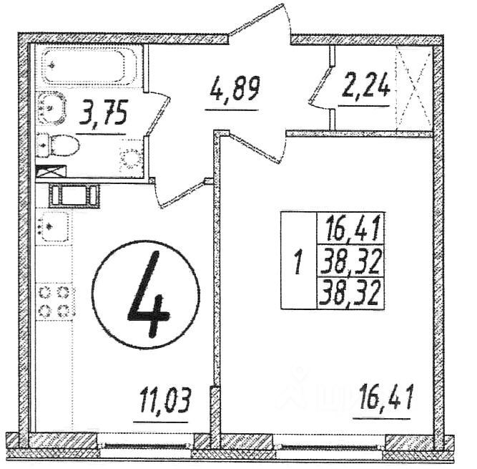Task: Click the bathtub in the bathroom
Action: pos(87,67)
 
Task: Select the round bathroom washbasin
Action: pos(51,108)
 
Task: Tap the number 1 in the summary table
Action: pos(297,262)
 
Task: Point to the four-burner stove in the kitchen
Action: pos(55,301)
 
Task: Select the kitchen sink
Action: pos(54,228)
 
